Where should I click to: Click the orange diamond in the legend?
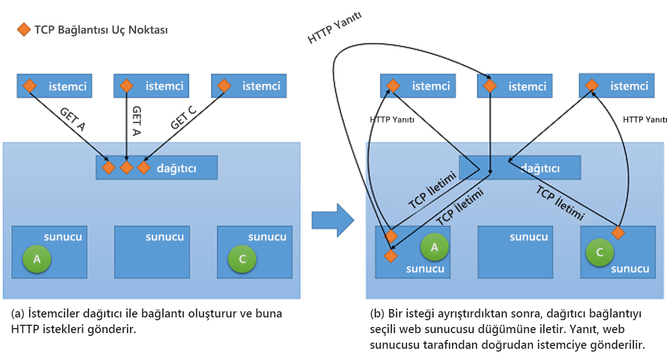24,30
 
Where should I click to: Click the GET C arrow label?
184,118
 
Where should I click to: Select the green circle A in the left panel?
37,259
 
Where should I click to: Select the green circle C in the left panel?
242,259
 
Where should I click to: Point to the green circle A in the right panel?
435,247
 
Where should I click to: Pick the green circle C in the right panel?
600,253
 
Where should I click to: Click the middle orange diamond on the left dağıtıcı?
127,167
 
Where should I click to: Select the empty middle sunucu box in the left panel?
150,252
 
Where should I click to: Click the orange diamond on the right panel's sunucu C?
618,232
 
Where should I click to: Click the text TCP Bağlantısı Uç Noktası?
101,30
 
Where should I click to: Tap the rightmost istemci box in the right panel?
617,86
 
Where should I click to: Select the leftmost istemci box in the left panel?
54,86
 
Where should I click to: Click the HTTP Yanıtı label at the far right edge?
645,120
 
